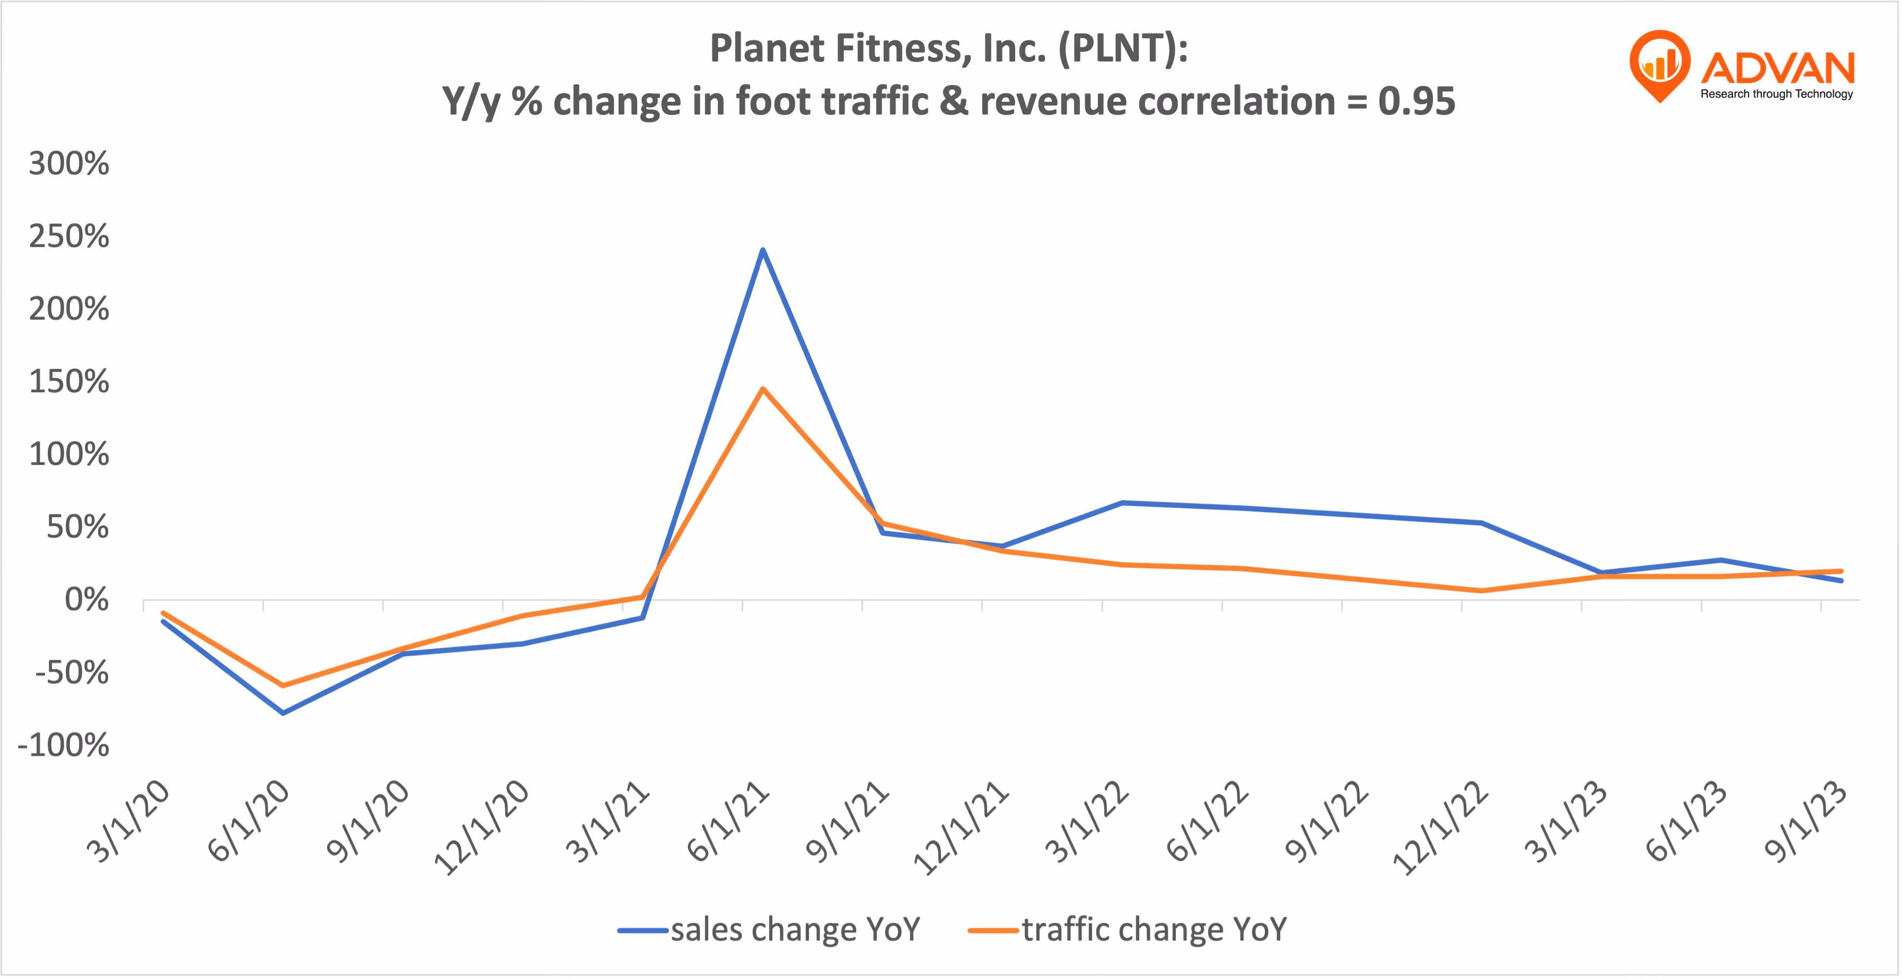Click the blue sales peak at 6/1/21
[762, 250]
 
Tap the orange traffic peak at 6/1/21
[762, 389]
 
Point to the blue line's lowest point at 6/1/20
[283, 712]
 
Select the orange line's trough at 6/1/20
[283, 685]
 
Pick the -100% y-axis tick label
[64, 745]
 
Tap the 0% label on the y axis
[86, 599]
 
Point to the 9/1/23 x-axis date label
[1806, 821]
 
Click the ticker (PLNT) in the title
[1122, 49]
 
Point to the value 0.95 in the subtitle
[1416, 101]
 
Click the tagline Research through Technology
[1776, 94]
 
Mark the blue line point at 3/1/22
[1122, 503]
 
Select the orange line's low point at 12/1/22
[1481, 590]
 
